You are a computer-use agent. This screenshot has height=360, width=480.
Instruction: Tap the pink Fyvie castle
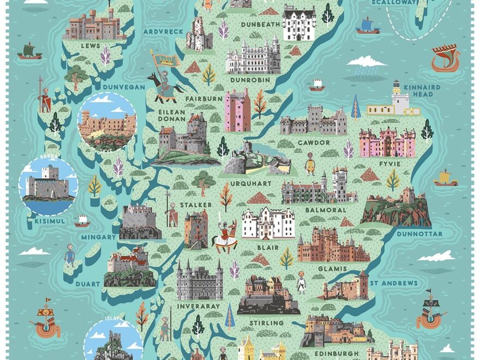(x=387, y=143)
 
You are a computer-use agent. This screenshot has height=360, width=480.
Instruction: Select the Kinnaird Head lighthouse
(x=395, y=101)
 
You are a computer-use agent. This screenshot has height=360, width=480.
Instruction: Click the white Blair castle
(x=268, y=223)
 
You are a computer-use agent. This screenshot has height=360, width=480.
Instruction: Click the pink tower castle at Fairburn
(x=237, y=110)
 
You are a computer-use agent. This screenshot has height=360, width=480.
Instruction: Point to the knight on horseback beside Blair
(x=224, y=235)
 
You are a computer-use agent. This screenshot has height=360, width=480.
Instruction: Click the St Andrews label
(x=393, y=283)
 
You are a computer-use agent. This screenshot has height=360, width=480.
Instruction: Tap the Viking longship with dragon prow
(x=445, y=59)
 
